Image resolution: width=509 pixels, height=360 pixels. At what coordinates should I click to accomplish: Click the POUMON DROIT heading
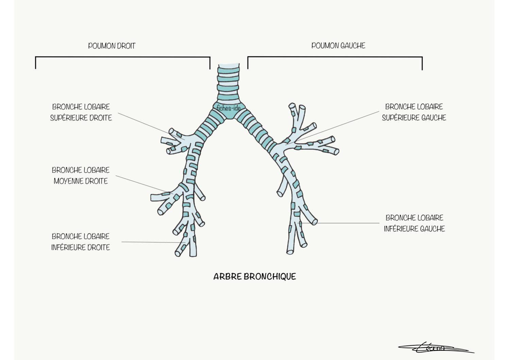click(112, 46)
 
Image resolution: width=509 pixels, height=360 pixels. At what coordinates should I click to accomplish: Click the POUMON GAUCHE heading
click(338, 46)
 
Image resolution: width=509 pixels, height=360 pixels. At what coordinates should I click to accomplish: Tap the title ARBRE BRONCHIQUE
click(255, 277)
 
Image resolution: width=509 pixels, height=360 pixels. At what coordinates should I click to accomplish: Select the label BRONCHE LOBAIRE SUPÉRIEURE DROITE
click(81, 112)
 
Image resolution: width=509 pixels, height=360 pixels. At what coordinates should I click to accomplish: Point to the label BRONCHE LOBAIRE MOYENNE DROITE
click(81, 176)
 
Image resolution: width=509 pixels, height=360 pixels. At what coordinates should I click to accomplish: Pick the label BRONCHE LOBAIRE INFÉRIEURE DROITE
click(81, 242)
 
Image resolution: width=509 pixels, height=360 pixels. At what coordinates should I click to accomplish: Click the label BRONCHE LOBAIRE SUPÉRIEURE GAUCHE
click(414, 112)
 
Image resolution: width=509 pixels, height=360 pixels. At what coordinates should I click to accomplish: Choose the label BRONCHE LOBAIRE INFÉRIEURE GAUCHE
click(414, 223)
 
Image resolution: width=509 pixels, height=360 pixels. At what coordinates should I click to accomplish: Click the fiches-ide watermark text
click(228, 108)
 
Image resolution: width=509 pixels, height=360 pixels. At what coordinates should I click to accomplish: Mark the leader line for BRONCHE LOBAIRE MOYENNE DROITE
click(145, 185)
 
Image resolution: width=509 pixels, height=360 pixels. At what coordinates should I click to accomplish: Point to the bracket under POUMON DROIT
click(123, 57)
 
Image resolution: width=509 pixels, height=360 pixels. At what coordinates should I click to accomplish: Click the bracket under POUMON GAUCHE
click(335, 57)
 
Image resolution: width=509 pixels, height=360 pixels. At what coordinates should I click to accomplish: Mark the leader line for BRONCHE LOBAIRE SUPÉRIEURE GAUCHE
click(332, 128)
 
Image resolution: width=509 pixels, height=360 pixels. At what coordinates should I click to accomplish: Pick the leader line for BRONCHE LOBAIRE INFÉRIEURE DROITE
click(154, 242)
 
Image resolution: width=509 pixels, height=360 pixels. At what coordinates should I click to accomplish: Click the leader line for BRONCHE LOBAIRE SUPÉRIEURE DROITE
click(151, 126)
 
